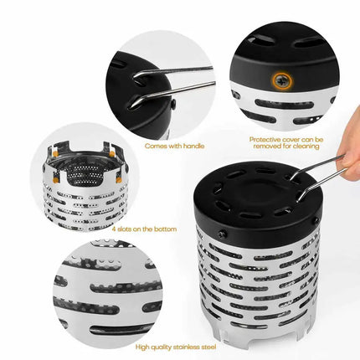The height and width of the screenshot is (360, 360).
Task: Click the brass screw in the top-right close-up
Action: (x=277, y=80)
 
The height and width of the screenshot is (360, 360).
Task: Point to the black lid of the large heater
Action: (x=260, y=197)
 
